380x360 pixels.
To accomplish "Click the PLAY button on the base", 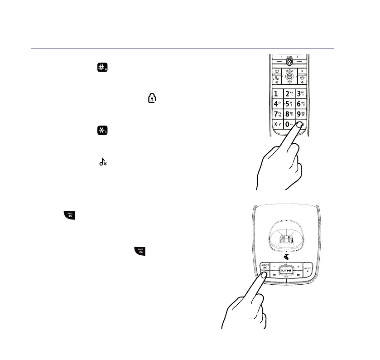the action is tap(286, 271).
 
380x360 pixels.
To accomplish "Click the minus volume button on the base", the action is tap(274, 266).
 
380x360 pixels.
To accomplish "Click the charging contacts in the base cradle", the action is tap(286, 239).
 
